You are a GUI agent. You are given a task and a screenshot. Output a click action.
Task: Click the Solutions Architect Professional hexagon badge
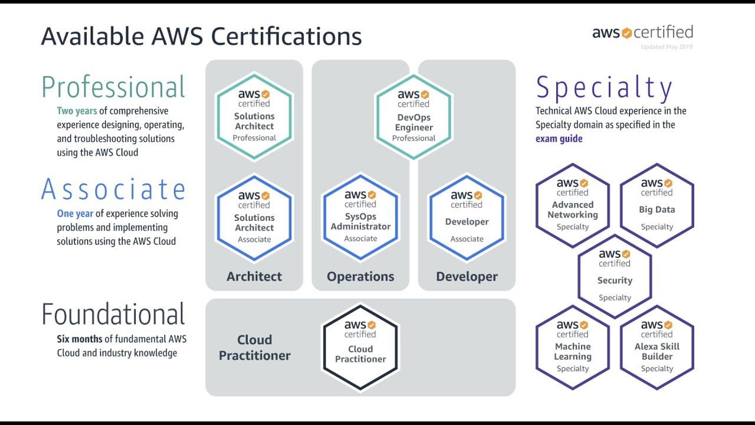[254, 116]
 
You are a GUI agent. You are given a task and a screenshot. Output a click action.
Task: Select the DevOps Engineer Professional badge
[413, 117]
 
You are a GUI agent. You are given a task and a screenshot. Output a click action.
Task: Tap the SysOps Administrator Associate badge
[360, 217]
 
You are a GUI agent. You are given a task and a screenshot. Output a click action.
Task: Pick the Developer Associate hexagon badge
[467, 217]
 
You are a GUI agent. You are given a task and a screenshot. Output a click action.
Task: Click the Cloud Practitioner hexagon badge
[360, 348]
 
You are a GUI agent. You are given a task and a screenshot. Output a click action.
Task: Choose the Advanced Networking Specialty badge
[573, 205]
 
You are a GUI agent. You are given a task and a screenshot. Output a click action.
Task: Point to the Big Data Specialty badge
[656, 205]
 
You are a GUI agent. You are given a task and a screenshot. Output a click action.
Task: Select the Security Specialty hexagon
[615, 276]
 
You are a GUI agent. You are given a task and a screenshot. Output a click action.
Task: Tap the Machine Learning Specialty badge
[573, 347]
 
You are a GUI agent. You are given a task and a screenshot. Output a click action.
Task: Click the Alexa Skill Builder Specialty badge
[656, 347]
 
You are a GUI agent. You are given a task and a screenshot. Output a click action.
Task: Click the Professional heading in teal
[113, 87]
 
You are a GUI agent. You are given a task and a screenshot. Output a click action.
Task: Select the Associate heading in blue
[113, 189]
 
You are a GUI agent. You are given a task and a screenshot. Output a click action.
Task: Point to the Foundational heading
[113, 315]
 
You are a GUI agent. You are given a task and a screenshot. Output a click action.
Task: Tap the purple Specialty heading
[604, 89]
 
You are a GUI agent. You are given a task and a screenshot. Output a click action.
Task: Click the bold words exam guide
[559, 139]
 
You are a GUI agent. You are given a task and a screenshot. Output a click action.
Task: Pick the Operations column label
[360, 276]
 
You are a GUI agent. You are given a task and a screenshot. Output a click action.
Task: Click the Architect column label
[254, 276]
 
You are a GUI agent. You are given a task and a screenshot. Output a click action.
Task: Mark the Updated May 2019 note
[667, 47]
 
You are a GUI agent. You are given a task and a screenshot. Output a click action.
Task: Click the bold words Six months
[80, 339]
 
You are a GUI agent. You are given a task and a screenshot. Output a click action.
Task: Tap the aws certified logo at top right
[642, 32]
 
